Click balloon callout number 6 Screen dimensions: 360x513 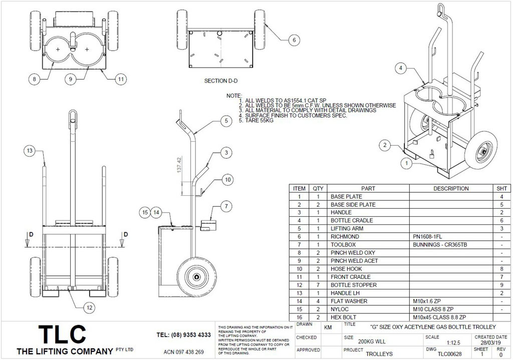pos(294,40)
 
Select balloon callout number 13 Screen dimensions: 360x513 pos(30,151)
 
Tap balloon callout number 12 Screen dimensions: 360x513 pos(89,308)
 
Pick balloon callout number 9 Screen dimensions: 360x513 pos(71,79)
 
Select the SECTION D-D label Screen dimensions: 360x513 pos(221,81)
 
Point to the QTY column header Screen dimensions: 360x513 pos(318,189)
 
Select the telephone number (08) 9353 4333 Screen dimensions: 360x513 pos(183,335)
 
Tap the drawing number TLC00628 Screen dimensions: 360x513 pos(449,353)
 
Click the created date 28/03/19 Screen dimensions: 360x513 pos(490,343)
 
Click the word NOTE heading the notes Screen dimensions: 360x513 pos(234,96)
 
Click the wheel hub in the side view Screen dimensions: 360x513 pos(196,276)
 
